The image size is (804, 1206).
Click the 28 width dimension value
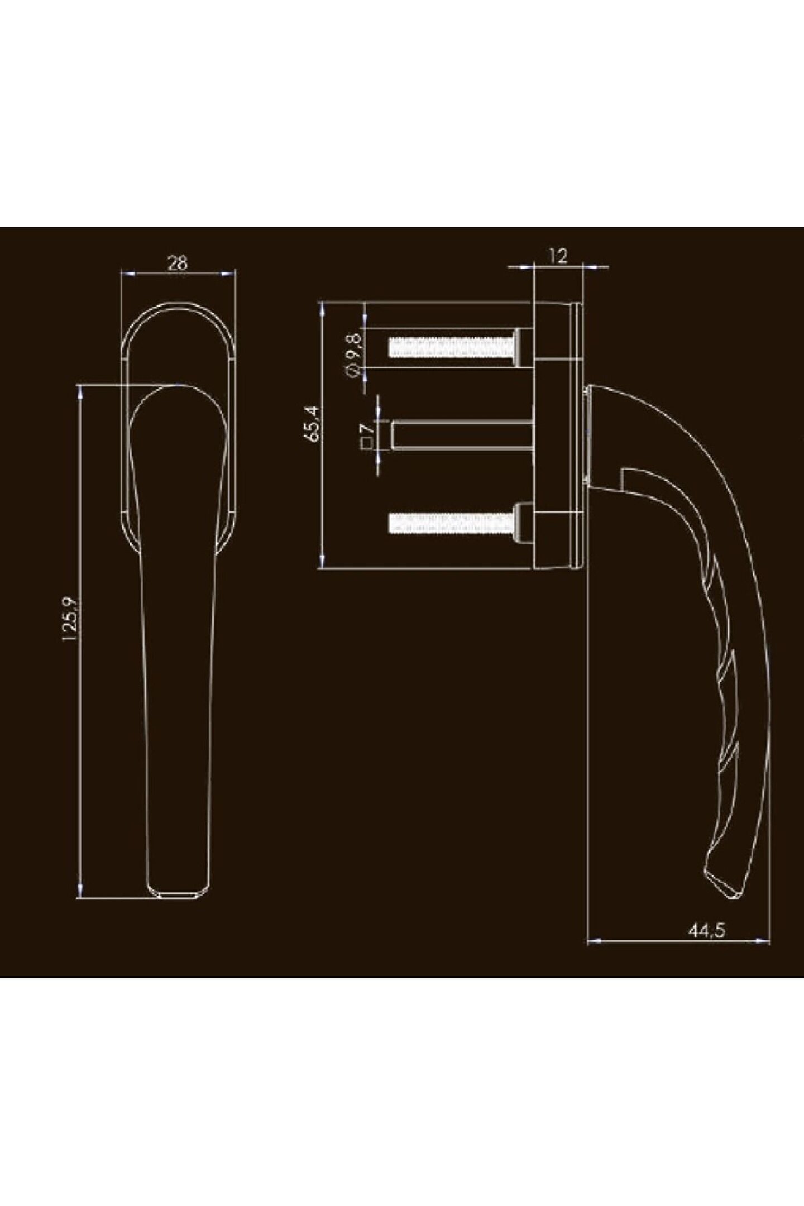click(178, 262)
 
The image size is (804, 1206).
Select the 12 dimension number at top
click(558, 256)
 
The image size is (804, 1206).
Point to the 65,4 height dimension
click(313, 424)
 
